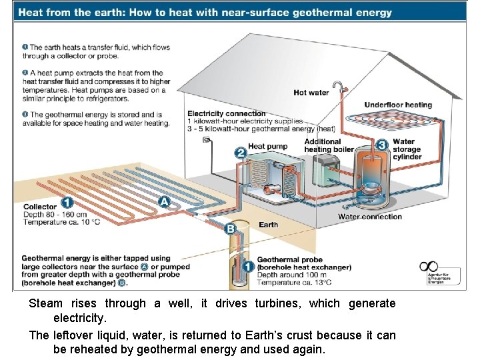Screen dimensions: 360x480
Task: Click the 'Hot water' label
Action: [311, 93]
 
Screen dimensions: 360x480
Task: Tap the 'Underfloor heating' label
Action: [398, 105]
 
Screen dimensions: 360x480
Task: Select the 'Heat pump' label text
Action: [267, 147]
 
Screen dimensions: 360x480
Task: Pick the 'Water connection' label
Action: [370, 217]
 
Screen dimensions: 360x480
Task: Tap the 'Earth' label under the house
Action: [268, 225]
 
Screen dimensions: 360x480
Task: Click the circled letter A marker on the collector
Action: [164, 201]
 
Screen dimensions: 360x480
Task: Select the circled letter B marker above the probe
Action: [231, 229]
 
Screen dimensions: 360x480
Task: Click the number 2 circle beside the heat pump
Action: [241, 153]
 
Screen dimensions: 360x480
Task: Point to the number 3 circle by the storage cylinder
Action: [382, 145]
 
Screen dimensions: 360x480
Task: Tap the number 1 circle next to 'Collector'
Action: [67, 203]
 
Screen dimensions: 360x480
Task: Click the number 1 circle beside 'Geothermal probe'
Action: [247, 267]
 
